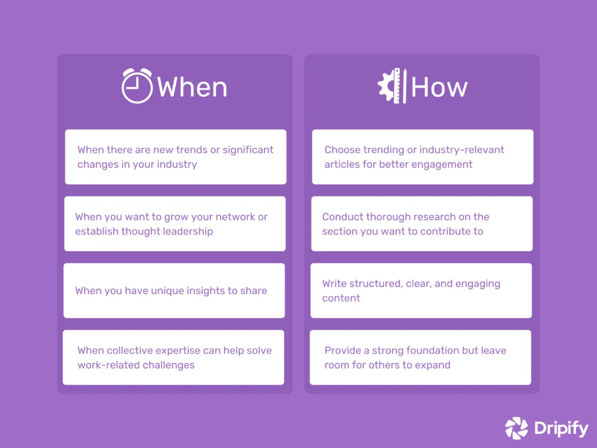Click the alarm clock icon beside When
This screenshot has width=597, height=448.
(137, 86)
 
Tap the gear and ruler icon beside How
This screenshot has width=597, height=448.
(392, 86)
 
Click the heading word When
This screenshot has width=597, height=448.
(192, 87)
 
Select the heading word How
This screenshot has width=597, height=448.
(439, 87)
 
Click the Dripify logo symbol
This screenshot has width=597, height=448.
(516, 428)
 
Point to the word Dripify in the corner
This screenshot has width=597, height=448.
(561, 429)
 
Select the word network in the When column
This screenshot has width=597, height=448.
(236, 217)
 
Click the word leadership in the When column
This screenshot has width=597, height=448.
(187, 232)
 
